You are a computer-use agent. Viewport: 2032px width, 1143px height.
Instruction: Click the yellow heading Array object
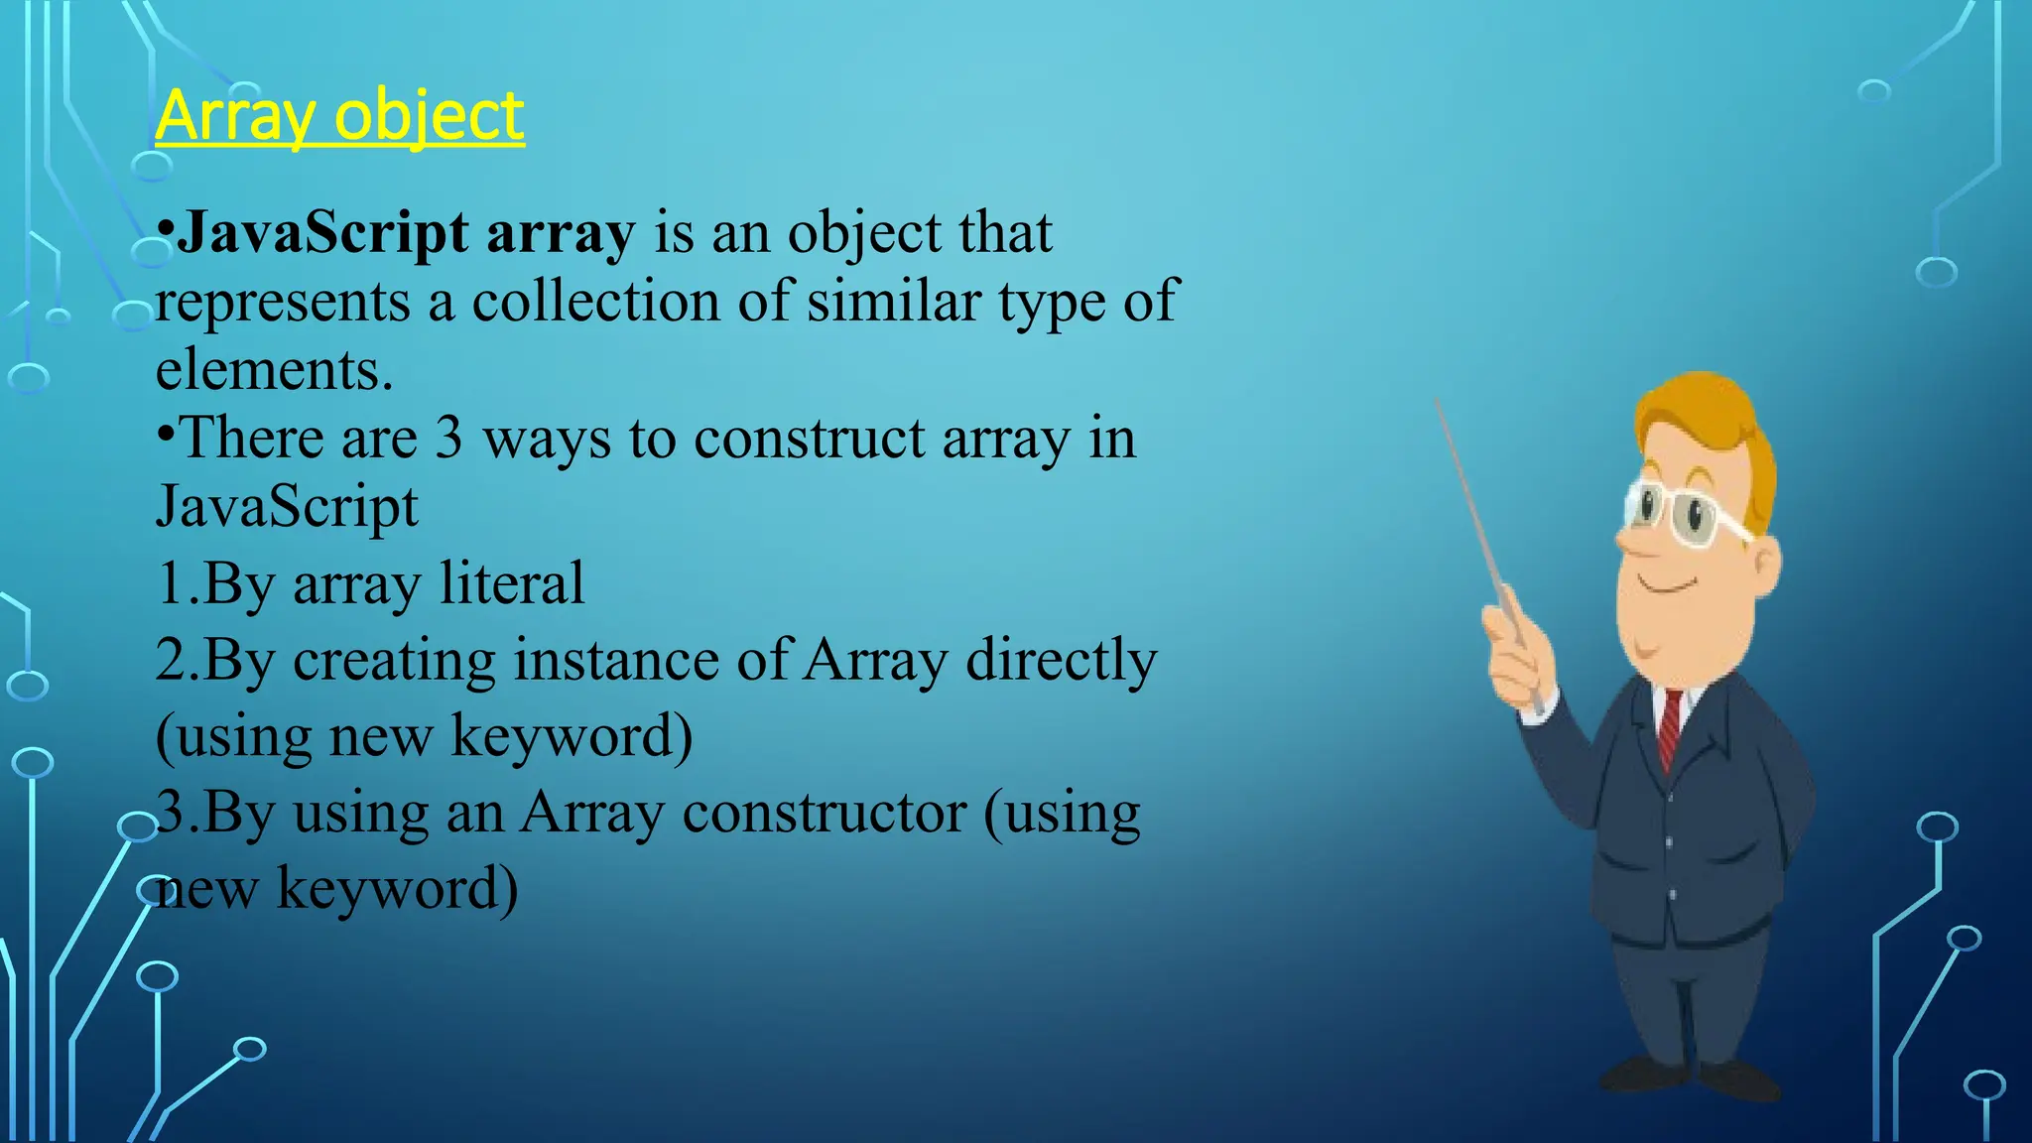[339, 116]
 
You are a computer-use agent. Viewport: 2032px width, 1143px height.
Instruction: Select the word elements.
[274, 371]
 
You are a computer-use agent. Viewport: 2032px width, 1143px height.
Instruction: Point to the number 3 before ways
[448, 439]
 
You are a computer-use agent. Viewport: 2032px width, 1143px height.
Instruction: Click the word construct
[808, 439]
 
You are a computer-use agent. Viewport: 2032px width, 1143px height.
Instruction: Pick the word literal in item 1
[512, 583]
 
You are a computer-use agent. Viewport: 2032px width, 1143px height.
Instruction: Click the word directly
[1061, 660]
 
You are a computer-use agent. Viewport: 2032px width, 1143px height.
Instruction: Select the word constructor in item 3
[824, 813]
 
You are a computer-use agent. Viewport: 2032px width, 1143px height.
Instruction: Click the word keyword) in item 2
[571, 736]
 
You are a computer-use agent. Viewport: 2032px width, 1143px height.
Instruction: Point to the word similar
[893, 302]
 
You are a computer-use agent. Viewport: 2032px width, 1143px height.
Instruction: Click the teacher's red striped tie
[1671, 729]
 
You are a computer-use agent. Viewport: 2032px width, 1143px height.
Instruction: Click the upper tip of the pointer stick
[1439, 402]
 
